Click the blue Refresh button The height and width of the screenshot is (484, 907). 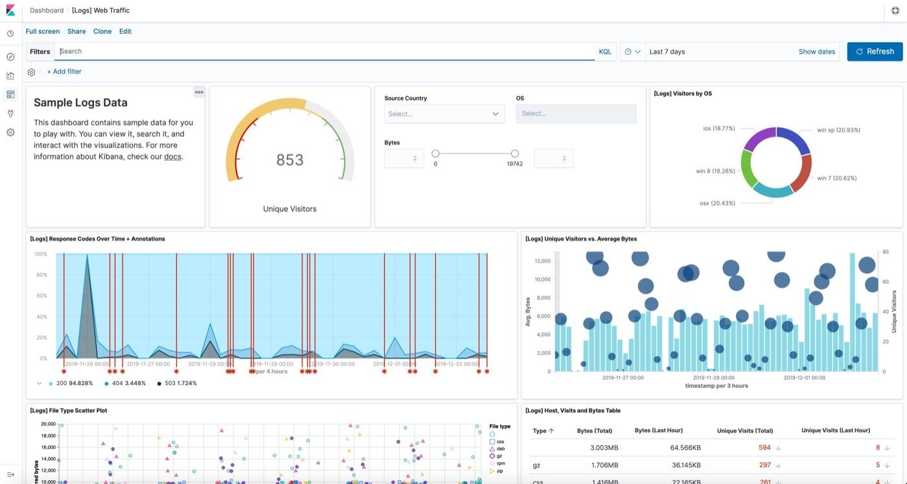[x=875, y=52]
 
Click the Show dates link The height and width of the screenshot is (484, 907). [x=816, y=52]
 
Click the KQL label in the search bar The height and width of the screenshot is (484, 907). [x=604, y=52]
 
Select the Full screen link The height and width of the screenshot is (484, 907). [x=43, y=31]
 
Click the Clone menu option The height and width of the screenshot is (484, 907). [x=102, y=31]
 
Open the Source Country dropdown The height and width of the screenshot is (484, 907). [x=444, y=114]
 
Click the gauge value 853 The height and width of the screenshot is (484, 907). [x=290, y=160]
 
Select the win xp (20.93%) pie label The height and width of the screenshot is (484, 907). [x=838, y=130]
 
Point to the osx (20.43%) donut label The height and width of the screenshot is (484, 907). [x=717, y=203]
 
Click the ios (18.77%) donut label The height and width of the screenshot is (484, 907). [x=718, y=129]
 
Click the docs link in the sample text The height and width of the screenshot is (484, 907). [x=172, y=157]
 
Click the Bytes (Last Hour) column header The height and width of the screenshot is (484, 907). [x=658, y=430]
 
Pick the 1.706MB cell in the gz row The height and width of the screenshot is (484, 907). [x=604, y=465]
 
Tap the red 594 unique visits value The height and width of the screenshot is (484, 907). [x=764, y=448]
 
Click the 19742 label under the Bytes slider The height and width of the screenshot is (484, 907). [x=514, y=164]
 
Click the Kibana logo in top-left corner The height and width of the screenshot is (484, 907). [x=10, y=10]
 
